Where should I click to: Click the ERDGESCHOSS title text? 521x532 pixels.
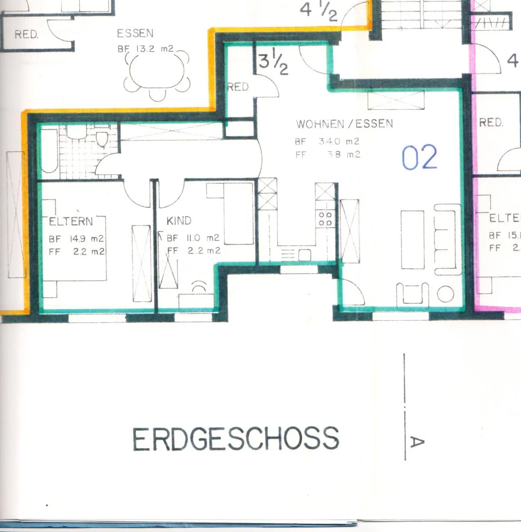236,439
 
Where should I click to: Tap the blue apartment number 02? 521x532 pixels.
419,158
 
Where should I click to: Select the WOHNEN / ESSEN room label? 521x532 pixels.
344,124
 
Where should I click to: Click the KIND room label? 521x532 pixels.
179,221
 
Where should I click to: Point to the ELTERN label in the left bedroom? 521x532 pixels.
71,221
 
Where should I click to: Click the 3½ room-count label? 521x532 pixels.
273,63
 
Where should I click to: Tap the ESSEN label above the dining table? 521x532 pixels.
135,34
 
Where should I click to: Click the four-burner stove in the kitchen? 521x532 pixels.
325,219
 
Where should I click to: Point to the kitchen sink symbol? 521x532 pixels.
304,255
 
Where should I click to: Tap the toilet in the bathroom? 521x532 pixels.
102,139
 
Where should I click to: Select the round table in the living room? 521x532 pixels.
445,294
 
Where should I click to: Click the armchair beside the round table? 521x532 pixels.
412,293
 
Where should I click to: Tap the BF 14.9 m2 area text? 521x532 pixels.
76,239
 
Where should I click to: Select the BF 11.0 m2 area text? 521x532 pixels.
193,238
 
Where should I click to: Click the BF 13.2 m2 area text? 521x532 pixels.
145,49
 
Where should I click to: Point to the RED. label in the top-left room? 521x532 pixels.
26,34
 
